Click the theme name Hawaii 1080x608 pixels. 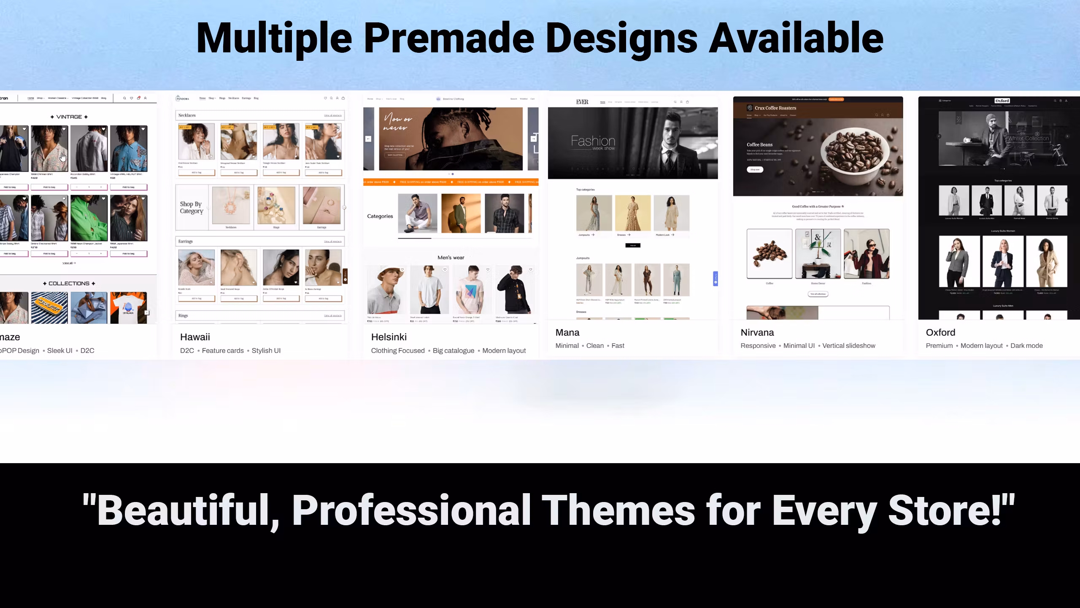[x=195, y=337]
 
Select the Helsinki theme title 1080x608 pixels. [x=389, y=337]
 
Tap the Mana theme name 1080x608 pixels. [x=567, y=332]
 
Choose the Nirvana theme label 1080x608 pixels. [x=757, y=332]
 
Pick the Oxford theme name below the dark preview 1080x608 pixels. [x=940, y=332]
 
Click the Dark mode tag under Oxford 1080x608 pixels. [x=1026, y=346]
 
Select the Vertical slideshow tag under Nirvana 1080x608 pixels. [x=848, y=346]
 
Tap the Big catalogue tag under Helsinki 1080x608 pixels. [x=453, y=351]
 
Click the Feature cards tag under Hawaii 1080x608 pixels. [x=222, y=351]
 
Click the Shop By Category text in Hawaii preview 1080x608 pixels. [x=191, y=207]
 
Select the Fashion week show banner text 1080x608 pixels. [x=593, y=142]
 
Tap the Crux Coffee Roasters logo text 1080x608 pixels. [x=775, y=108]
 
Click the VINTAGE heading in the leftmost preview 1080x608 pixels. [x=69, y=117]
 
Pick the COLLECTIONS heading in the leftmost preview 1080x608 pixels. [x=69, y=284]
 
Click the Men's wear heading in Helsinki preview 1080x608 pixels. [x=451, y=258]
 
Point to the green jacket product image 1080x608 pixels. [x=89, y=218]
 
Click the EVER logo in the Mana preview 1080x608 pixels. [x=582, y=102]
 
